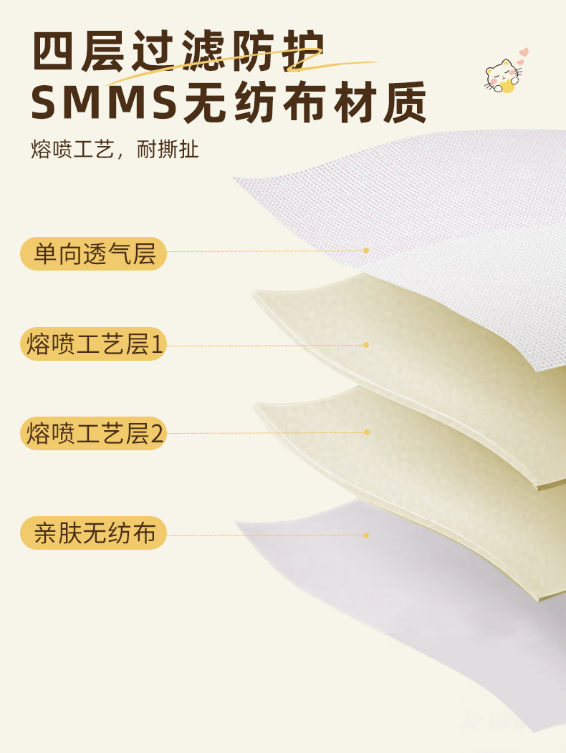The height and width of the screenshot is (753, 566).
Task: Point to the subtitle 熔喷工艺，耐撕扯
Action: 115,150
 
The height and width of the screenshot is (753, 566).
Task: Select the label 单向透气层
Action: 94,253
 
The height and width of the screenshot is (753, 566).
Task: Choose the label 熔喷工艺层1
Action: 94,344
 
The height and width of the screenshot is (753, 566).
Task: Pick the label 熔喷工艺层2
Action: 94,433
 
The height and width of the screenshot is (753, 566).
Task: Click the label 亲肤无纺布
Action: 94,533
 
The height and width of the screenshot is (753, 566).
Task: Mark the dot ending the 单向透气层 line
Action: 366,251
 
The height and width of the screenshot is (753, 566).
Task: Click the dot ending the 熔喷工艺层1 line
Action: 366,345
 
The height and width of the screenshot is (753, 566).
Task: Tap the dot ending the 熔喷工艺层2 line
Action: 366,432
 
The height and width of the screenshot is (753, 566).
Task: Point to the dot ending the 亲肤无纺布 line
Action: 366,535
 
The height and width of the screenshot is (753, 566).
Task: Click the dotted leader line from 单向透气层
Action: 265,251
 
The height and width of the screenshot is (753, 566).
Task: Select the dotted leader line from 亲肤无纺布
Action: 265,535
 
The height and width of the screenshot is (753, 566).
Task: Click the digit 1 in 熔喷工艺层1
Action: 158,345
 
